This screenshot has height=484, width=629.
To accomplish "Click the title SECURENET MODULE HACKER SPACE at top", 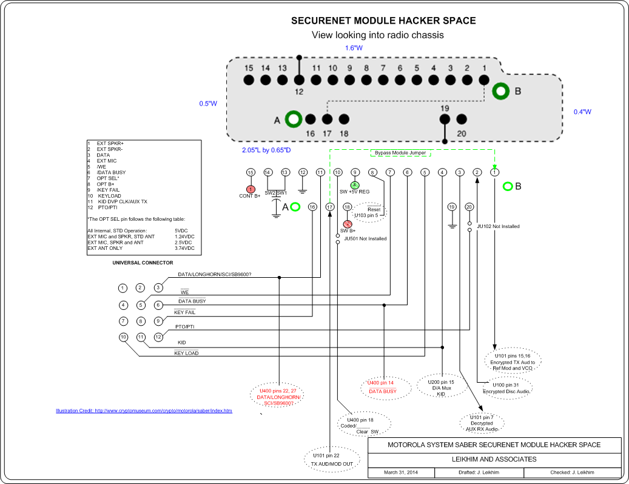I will click(383, 21).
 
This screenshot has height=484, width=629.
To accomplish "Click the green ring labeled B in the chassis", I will click(501, 92).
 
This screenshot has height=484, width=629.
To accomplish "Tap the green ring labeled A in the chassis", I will click(294, 119).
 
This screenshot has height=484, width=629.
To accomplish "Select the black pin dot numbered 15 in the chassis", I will click(249, 79).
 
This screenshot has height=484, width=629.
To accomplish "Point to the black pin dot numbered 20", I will click(461, 119).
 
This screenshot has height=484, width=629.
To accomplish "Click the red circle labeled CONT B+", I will click(250, 189).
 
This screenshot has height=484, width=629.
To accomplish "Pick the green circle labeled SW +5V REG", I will click(355, 184).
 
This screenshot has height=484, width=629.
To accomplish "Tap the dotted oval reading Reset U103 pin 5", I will click(373, 212).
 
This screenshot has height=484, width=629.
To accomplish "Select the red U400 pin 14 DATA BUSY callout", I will click(382, 387).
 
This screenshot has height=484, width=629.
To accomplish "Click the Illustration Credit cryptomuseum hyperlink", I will click(144, 411).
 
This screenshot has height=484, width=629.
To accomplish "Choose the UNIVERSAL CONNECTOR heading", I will click(143, 263).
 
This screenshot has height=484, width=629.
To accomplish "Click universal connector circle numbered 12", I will click(158, 337).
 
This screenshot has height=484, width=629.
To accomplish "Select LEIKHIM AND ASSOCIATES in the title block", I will click(494, 459).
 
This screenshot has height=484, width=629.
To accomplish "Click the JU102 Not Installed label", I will click(498, 226).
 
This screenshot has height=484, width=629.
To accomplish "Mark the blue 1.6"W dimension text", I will click(354, 48).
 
